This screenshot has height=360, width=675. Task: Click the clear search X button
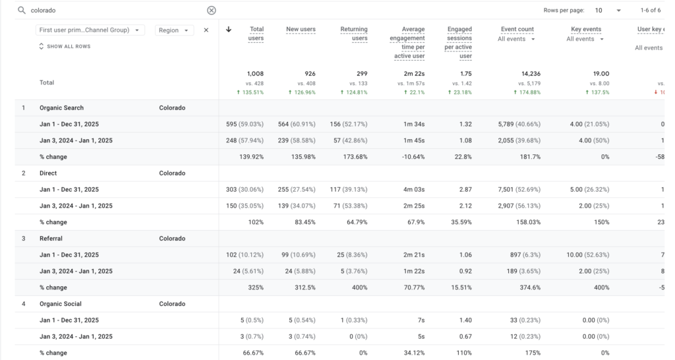(211, 11)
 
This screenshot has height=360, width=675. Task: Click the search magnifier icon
(21, 11)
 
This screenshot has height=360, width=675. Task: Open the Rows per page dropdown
(608, 11)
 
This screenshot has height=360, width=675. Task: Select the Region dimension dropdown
(175, 30)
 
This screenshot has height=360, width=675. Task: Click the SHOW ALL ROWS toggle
(65, 47)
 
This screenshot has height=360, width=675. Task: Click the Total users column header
(256, 34)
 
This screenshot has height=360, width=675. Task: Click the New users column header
(301, 30)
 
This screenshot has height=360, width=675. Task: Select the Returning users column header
(354, 34)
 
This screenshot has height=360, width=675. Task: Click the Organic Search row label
(61, 108)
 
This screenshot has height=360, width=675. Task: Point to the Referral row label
(51, 239)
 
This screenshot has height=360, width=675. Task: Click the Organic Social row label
(61, 304)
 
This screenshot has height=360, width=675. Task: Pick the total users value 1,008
(255, 74)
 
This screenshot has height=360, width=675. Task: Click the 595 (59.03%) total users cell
(245, 125)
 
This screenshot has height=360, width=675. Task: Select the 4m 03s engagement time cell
(413, 190)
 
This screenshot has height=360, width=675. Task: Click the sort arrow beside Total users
(229, 30)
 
